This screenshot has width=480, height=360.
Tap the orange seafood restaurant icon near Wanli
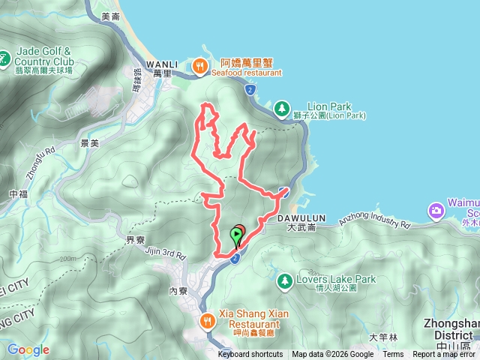(199, 67)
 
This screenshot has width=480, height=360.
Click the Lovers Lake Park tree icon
(285, 281)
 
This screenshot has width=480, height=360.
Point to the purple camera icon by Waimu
(436, 211)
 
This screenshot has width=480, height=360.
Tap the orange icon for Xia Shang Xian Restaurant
(208, 322)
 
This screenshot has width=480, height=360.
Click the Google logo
(28, 349)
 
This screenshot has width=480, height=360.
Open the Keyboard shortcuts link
(250, 355)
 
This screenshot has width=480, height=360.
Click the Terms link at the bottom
(393, 355)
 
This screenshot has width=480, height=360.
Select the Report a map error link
(445, 355)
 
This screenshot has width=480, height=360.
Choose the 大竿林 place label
(382, 337)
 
